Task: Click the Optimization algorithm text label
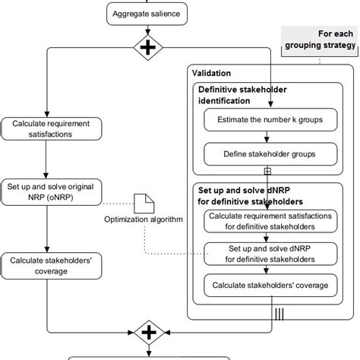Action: point(144,220)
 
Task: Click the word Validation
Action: point(213,74)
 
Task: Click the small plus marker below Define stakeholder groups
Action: point(267,172)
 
